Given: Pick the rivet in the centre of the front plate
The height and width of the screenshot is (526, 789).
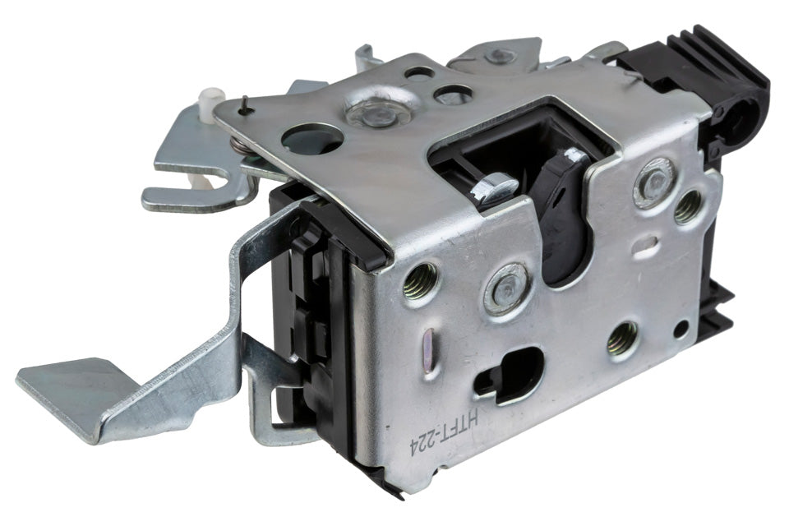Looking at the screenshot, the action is pyautogui.click(x=506, y=289).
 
